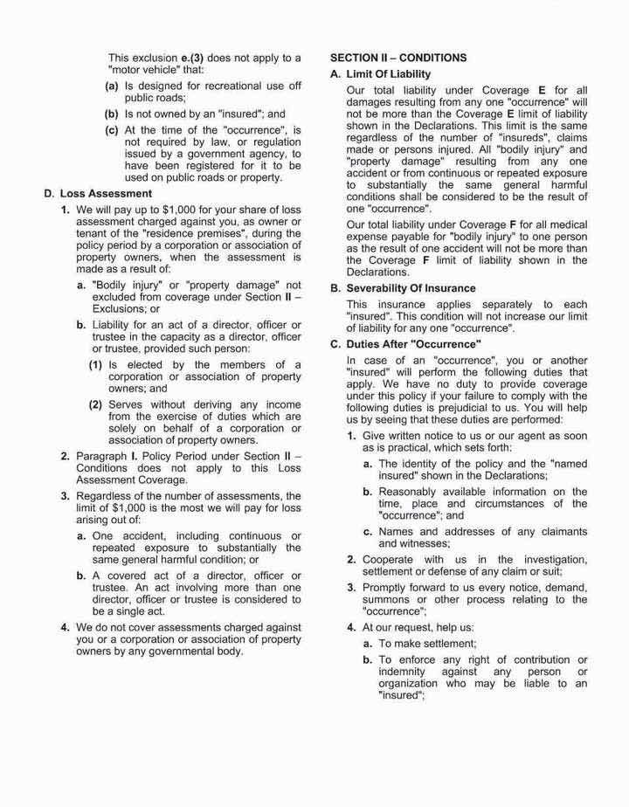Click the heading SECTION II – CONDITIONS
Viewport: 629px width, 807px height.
(x=397, y=58)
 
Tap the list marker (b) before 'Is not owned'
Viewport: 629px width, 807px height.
(x=112, y=114)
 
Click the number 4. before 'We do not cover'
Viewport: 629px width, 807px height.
(x=66, y=627)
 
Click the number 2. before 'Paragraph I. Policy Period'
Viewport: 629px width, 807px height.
(x=66, y=456)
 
